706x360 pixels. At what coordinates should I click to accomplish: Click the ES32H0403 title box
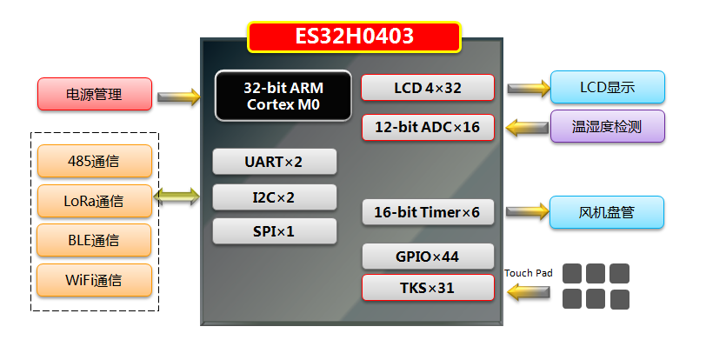(x=354, y=37)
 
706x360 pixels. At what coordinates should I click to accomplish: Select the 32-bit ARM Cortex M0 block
(x=283, y=95)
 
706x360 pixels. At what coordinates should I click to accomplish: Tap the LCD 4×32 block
(x=428, y=87)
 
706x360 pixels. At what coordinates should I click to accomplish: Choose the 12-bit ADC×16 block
(x=428, y=127)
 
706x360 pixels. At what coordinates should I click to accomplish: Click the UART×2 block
(x=274, y=162)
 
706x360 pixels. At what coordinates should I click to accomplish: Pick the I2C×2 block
(x=274, y=197)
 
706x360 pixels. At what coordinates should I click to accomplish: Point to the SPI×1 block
(x=274, y=231)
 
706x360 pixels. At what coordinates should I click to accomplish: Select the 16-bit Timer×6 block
(x=428, y=212)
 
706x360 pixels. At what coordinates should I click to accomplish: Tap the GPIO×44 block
(x=428, y=257)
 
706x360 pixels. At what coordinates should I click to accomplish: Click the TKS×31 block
(x=428, y=288)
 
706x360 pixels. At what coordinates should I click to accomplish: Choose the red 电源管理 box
(x=95, y=94)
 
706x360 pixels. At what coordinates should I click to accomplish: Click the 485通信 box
(x=95, y=161)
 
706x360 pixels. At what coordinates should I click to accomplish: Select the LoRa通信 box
(x=95, y=201)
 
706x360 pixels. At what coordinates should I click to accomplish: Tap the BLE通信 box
(x=95, y=240)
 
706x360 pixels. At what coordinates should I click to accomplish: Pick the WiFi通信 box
(x=95, y=280)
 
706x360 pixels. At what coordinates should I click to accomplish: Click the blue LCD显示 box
(x=607, y=87)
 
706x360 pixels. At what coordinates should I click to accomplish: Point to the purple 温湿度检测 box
(x=607, y=126)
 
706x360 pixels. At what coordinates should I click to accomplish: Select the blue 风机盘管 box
(x=607, y=212)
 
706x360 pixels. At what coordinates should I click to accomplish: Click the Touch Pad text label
(x=528, y=273)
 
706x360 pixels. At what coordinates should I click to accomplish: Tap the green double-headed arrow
(x=183, y=197)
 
